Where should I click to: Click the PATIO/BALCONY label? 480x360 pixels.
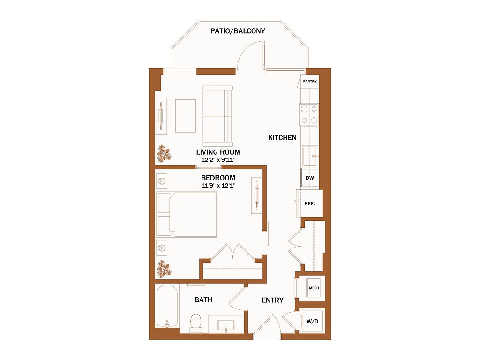238,31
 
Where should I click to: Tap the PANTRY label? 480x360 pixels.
310,82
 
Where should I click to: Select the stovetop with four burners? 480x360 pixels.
309,114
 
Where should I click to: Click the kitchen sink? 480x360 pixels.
310,156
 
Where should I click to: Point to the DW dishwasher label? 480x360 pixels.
310,178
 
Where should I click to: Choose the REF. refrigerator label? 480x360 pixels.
309,203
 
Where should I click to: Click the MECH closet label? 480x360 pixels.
314,288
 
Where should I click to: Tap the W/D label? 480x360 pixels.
312,321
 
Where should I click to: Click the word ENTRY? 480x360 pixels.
272,300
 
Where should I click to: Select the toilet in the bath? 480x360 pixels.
195,323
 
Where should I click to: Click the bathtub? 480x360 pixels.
167,306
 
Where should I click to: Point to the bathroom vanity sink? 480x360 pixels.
226,325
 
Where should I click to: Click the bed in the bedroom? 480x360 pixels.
187,215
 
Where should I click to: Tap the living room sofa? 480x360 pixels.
217,116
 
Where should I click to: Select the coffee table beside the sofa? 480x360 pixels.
186,116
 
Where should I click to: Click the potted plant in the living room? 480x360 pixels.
164,154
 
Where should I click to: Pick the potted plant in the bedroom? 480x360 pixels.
164,269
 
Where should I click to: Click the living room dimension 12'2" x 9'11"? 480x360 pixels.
218,160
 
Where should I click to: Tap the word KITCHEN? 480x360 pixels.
282,138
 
